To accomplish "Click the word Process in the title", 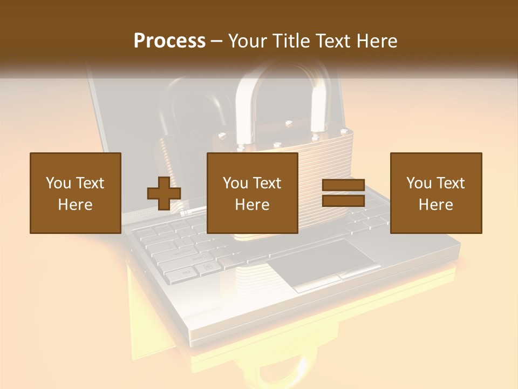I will coord(169,41).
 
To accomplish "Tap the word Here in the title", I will coord(374,41).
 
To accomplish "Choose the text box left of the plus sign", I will coord(76,193).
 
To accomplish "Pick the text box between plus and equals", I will coord(253,193).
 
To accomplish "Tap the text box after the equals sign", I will coord(436,193).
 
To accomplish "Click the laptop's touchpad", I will coord(323,257).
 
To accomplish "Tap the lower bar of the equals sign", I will coord(343,201).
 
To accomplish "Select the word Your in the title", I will coord(247,41).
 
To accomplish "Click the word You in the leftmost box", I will coord(58,183).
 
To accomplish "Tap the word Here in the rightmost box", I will coord(436,205).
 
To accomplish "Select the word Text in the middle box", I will coord(267,183).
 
